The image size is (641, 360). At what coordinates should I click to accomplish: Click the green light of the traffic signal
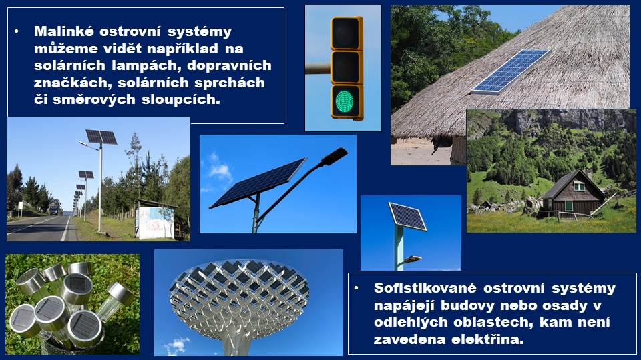pos(345,101)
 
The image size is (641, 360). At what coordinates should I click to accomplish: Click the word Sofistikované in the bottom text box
pos(425,288)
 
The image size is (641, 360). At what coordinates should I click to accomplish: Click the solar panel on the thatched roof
pos(509,71)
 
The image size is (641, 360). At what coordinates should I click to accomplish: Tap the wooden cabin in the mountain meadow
pos(572,193)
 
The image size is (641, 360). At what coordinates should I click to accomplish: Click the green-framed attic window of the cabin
pos(579,186)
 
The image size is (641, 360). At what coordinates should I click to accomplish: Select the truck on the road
pos(53,210)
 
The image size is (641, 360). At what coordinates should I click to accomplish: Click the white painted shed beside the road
pos(156,221)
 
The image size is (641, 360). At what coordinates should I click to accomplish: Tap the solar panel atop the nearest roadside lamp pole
pos(101,137)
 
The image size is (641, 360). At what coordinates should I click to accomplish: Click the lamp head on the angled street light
pos(335,156)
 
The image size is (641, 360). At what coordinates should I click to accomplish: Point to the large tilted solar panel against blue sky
pos(258,183)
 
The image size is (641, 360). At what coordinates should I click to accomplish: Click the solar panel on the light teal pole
pos(407,216)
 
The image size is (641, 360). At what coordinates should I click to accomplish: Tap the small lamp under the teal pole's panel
pos(411,259)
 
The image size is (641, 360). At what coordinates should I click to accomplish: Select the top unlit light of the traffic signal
pos(345,34)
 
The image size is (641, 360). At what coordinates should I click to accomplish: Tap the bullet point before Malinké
pos(17,31)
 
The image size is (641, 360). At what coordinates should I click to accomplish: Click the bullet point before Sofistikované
pos(357,288)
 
